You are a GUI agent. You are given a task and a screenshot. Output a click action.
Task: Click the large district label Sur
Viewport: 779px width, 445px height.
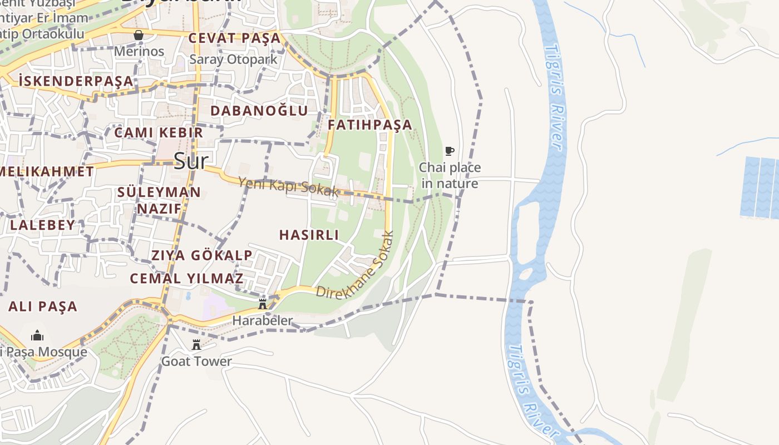pos(191,161)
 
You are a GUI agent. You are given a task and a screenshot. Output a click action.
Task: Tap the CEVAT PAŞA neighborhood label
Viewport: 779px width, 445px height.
pos(234,38)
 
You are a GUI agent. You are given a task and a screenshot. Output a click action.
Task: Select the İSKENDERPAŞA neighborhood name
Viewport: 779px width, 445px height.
pos(76,81)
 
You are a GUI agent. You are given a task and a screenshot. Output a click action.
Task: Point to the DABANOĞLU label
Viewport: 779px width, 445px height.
pos(259,111)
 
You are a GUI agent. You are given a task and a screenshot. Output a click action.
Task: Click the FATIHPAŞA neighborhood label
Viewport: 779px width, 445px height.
pos(370,125)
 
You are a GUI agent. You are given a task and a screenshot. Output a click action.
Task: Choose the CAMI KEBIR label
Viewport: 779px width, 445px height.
pos(159,132)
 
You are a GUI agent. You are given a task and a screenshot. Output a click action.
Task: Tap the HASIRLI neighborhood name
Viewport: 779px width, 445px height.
pos(309,235)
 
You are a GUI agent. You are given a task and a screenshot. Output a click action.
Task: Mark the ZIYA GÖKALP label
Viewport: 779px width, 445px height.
pos(202,255)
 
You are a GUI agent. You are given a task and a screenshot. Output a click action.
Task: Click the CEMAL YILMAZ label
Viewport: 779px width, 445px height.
pos(186,279)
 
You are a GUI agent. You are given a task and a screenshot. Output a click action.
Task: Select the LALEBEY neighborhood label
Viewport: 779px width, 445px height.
pos(42,225)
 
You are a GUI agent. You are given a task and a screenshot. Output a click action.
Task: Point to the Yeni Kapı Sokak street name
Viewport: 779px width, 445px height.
pos(288,186)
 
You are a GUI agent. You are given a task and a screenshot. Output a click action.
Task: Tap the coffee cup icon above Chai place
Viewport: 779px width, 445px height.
pos(450,151)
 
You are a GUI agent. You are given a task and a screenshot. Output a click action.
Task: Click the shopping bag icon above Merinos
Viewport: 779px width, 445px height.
pos(139,36)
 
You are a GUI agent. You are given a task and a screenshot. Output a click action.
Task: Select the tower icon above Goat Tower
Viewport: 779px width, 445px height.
pos(196,345)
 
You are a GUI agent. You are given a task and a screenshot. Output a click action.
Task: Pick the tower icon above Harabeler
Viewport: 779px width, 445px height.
pos(262,304)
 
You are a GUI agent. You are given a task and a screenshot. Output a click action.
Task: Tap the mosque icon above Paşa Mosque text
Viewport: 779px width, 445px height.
pos(37,335)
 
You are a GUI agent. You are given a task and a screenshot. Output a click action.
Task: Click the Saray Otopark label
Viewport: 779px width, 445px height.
pos(233,59)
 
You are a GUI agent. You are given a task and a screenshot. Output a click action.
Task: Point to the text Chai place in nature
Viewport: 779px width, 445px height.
pos(450,175)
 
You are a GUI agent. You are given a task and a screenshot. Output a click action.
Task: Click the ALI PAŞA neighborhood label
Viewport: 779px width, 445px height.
pos(43,306)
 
